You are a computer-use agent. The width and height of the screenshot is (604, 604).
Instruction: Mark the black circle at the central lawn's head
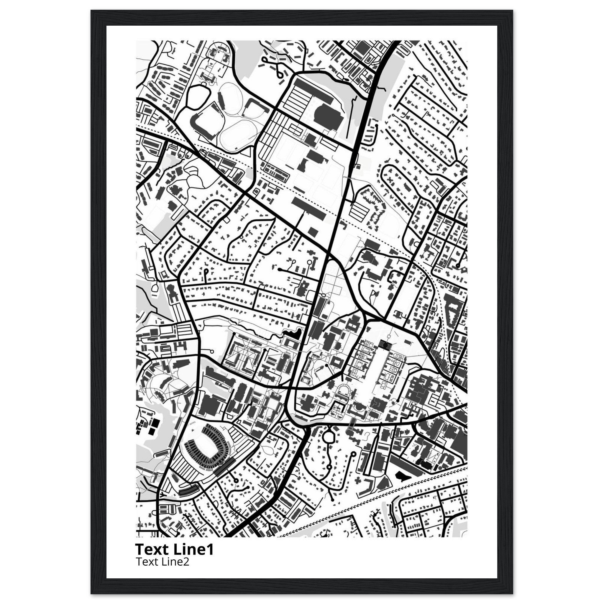385,345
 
